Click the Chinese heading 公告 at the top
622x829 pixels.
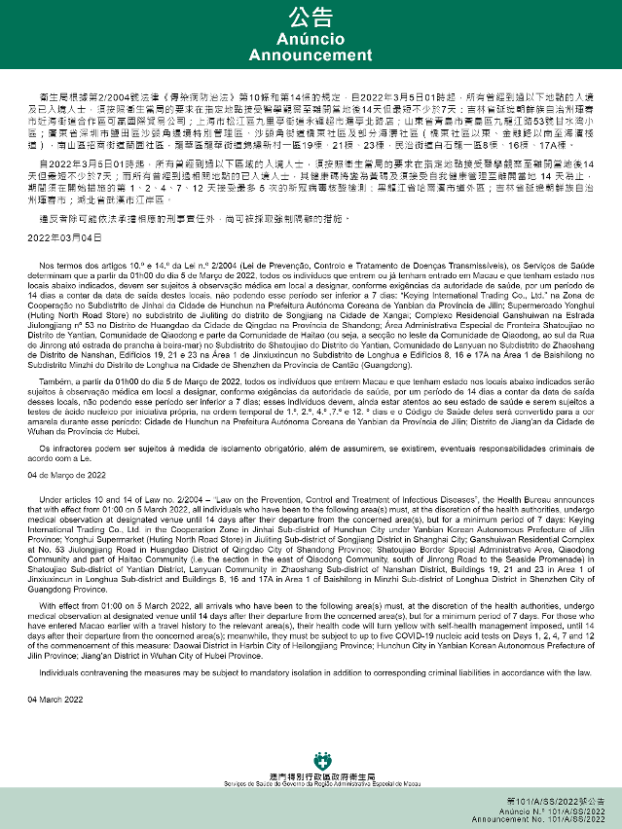coord(311,17)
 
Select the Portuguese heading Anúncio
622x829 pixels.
coord(311,40)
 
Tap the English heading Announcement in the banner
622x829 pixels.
coord(311,55)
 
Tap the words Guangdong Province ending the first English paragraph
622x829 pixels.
coord(72,589)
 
